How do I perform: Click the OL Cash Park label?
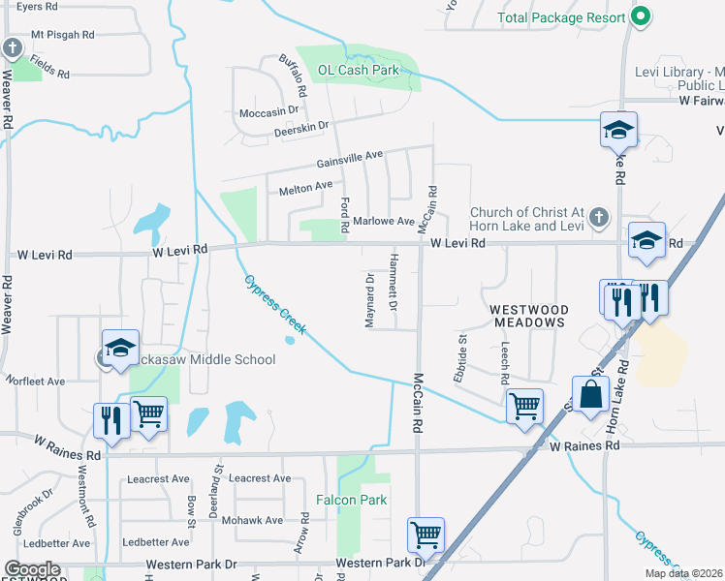pos(359,70)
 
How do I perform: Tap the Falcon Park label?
pos(352,500)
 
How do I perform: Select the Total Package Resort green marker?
pos(640,16)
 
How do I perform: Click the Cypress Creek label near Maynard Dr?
pos(274,305)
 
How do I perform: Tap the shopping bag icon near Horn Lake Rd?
pos(589,393)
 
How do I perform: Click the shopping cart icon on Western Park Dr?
pos(426,534)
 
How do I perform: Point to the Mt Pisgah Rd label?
pos(63,35)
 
